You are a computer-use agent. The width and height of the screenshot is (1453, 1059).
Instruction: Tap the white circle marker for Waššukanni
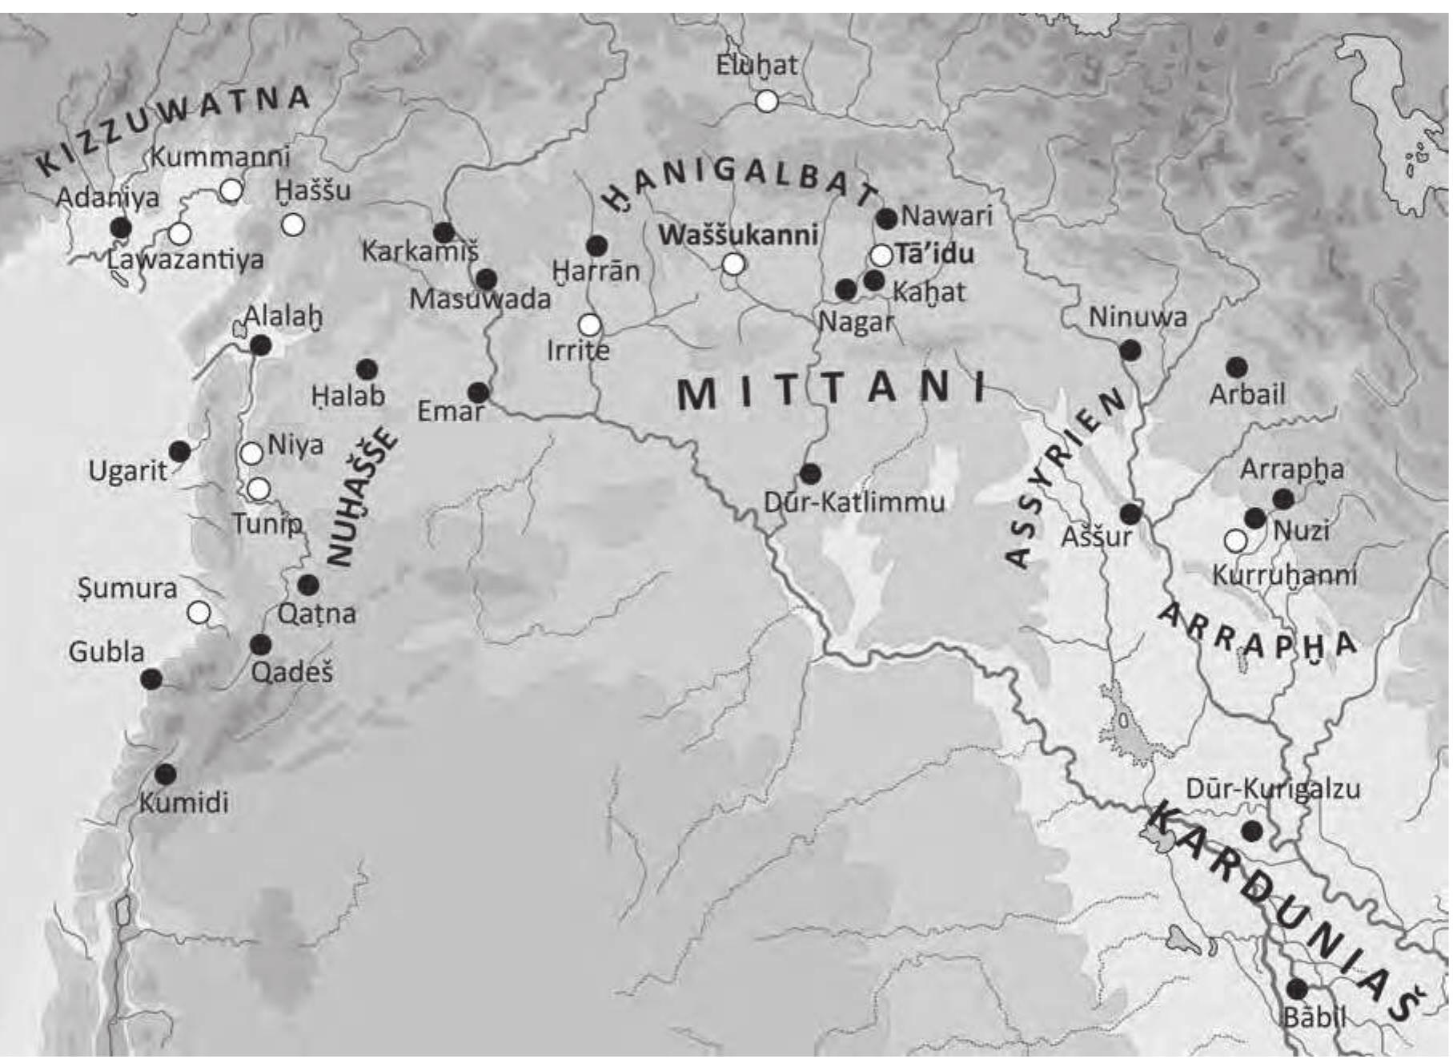pos(733,264)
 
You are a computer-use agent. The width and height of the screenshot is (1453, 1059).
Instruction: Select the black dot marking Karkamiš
pos(444,232)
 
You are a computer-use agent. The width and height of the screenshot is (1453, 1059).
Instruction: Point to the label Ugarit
pos(127,470)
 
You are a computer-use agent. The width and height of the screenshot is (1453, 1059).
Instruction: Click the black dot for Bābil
pos(1297,989)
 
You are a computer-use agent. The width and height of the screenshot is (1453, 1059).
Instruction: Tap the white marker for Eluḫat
pos(767,101)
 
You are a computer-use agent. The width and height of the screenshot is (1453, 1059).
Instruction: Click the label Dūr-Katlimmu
pos(854,502)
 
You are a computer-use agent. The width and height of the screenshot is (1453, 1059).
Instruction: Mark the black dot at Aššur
pos(1130,513)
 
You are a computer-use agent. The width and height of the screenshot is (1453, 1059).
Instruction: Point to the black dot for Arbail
pos(1237,368)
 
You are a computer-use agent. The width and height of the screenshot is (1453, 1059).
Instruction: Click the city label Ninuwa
pos(1138,317)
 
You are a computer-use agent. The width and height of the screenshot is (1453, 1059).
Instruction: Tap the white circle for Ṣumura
pos(199,614)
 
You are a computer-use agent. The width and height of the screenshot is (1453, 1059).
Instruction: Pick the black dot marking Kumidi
pos(166,774)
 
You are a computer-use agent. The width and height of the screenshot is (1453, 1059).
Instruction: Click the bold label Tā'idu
pos(934,254)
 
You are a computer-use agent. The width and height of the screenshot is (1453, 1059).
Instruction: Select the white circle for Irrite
pos(590,324)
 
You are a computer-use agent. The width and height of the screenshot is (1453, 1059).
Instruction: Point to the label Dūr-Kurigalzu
pos(1272,788)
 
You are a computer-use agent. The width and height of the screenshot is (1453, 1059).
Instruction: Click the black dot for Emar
pos(478,393)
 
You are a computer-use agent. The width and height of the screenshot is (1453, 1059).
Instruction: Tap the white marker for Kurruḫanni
pos(1235,541)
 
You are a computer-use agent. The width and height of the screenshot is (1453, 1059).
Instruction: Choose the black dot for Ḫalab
pos(367,369)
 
